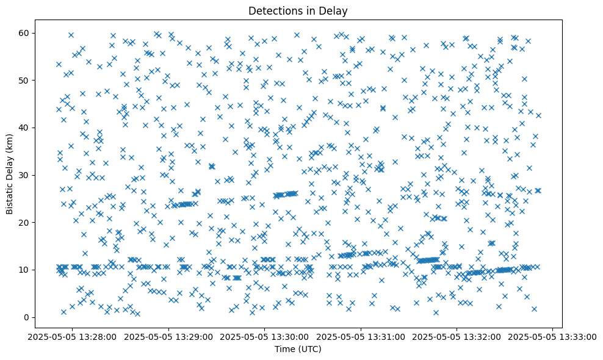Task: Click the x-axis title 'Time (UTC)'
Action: pyautogui.click(x=297, y=350)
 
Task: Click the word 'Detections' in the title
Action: pyautogui.click(x=271, y=10)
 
